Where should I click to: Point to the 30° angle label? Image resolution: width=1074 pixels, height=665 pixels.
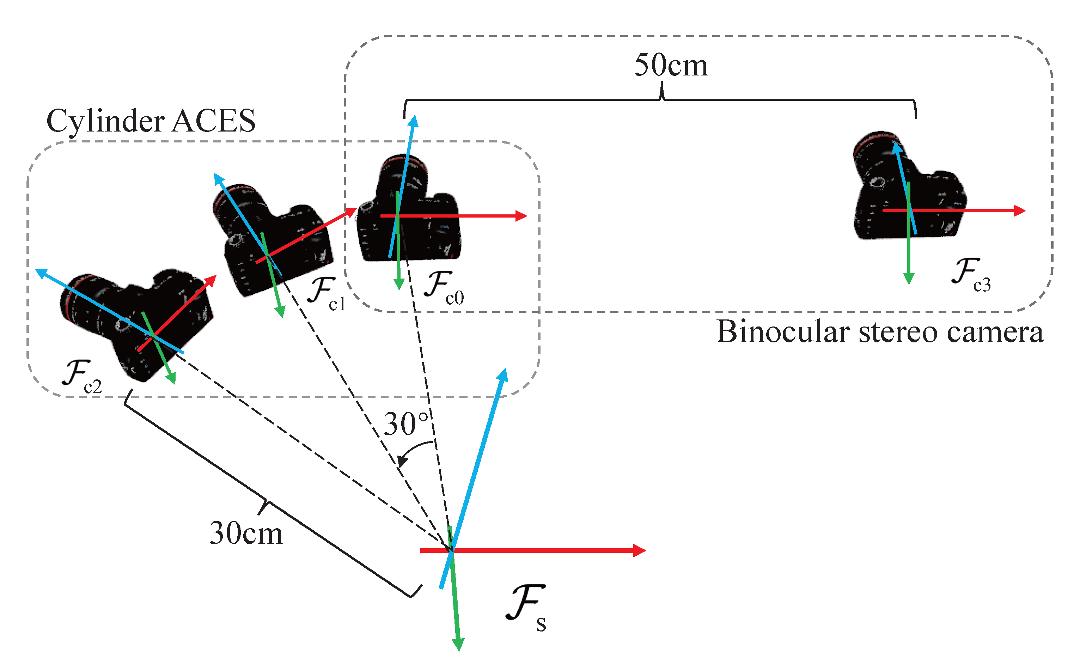click(x=405, y=424)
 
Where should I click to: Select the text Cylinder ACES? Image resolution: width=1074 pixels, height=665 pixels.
click(x=151, y=121)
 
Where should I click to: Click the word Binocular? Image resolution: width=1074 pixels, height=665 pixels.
click(x=782, y=332)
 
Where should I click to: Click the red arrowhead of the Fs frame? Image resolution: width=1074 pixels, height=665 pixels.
click(x=640, y=550)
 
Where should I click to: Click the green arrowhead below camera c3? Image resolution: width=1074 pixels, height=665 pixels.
click(x=909, y=279)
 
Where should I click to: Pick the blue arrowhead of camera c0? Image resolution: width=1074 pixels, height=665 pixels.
click(x=413, y=121)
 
